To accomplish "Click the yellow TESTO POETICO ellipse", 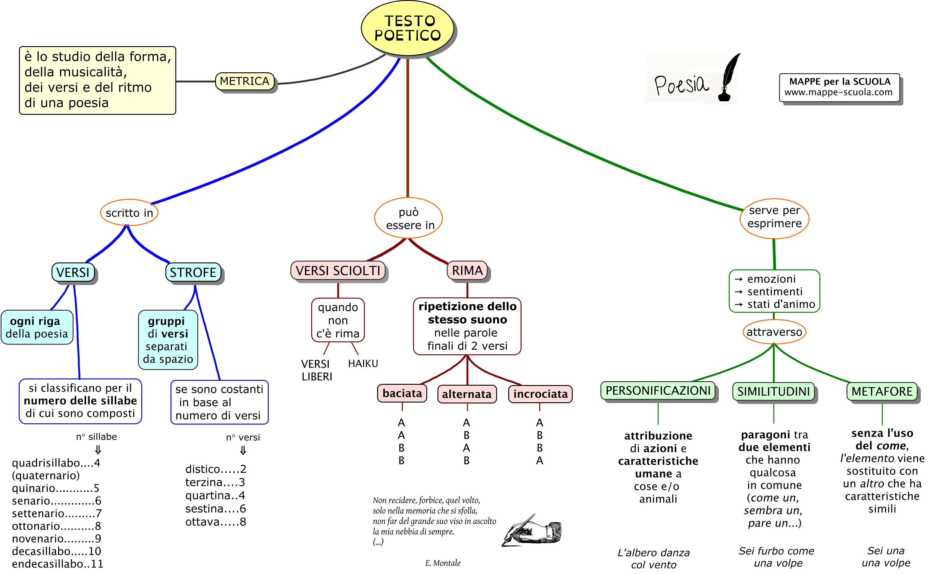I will (407, 28).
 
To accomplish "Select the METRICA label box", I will (244, 81).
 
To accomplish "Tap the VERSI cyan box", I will (73, 272).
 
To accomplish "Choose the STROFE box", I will (193, 272).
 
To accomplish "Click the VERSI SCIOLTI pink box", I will (338, 271).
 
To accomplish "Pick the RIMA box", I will (467, 271).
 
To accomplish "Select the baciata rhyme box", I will (402, 393).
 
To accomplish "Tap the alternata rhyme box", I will (467, 394).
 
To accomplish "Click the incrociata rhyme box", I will (540, 394).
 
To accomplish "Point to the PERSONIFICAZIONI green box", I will (658, 391).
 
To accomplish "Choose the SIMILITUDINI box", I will (773, 391).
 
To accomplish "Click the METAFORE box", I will (882, 391).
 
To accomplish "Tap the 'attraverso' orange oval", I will (774, 332).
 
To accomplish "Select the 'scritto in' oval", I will (129, 213).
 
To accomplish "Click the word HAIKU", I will (363, 364).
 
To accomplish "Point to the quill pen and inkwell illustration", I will (729, 78).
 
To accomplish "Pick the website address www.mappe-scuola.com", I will (838, 92).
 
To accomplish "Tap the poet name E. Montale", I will (443, 563).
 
